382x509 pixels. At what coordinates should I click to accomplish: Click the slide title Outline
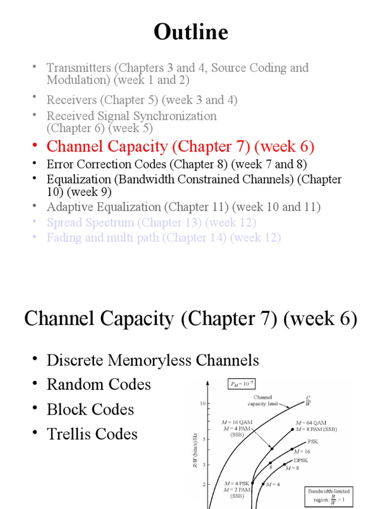(191, 33)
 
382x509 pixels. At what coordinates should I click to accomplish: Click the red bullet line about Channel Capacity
(180, 147)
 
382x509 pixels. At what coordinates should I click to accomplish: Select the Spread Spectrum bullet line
(151, 222)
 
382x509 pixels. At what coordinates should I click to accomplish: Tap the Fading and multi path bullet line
(164, 238)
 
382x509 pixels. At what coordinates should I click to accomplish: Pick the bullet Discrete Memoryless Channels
(153, 360)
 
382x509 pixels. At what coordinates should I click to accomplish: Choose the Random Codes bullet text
(98, 385)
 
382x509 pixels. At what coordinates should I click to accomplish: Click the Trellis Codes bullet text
(92, 434)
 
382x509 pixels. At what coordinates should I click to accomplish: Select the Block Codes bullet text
(91, 410)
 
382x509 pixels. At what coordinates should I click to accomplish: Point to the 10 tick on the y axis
(202, 404)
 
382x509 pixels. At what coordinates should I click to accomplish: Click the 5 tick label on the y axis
(203, 439)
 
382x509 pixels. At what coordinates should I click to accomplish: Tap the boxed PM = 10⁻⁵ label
(241, 384)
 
